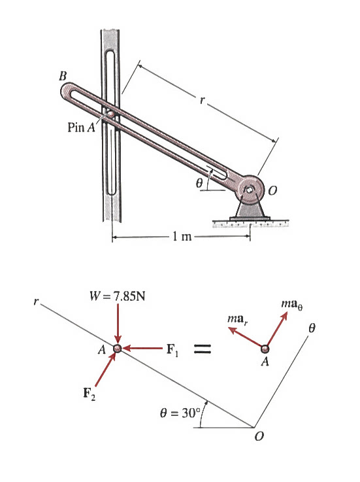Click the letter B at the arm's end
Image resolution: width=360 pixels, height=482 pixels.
tap(63, 76)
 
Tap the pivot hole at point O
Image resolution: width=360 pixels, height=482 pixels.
tap(249, 191)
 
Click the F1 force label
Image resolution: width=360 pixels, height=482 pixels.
tap(172, 349)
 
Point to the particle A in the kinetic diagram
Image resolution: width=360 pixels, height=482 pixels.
tap(265, 349)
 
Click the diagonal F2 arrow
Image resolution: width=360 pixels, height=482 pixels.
tap(105, 370)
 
